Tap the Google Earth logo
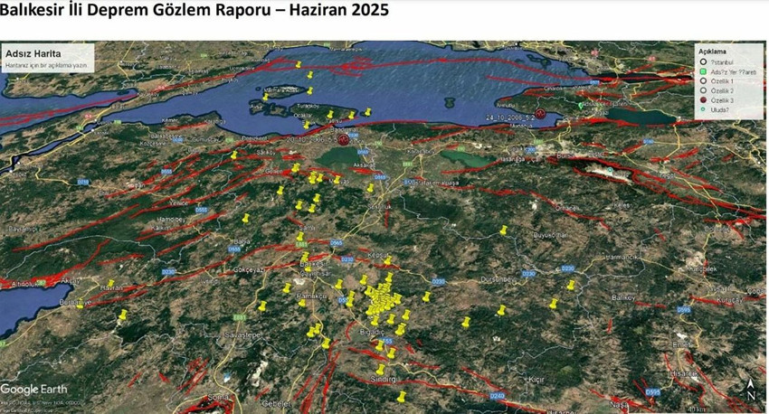[33, 389]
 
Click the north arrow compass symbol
[751, 390]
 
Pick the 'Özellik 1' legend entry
[721, 81]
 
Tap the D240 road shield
[497, 396]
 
